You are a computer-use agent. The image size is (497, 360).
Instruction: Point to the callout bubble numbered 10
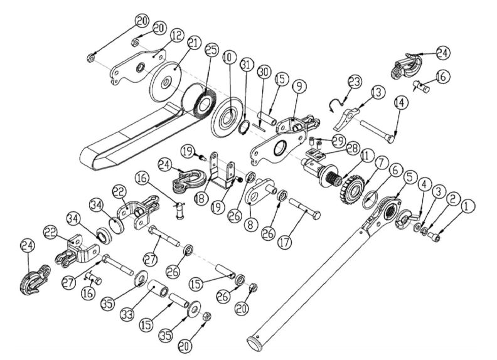point(227,57)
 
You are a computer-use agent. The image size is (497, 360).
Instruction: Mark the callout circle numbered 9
point(299,84)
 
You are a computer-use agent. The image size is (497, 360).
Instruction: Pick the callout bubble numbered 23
point(356,82)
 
